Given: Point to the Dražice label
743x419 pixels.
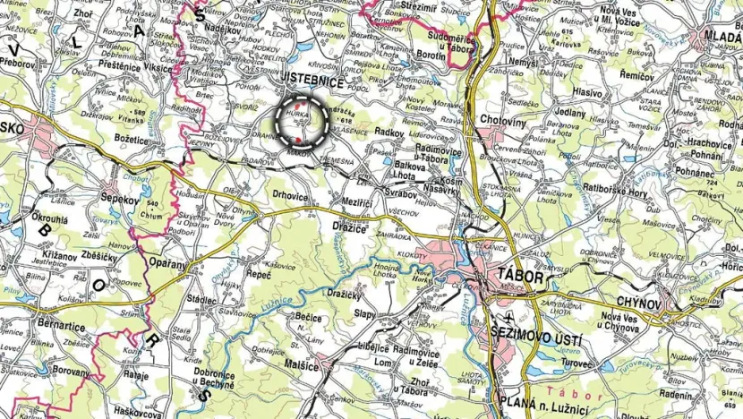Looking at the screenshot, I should pos(349,226).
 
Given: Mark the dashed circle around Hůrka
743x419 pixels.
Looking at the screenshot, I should pos(300,124).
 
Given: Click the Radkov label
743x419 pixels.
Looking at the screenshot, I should pos(389,132).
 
